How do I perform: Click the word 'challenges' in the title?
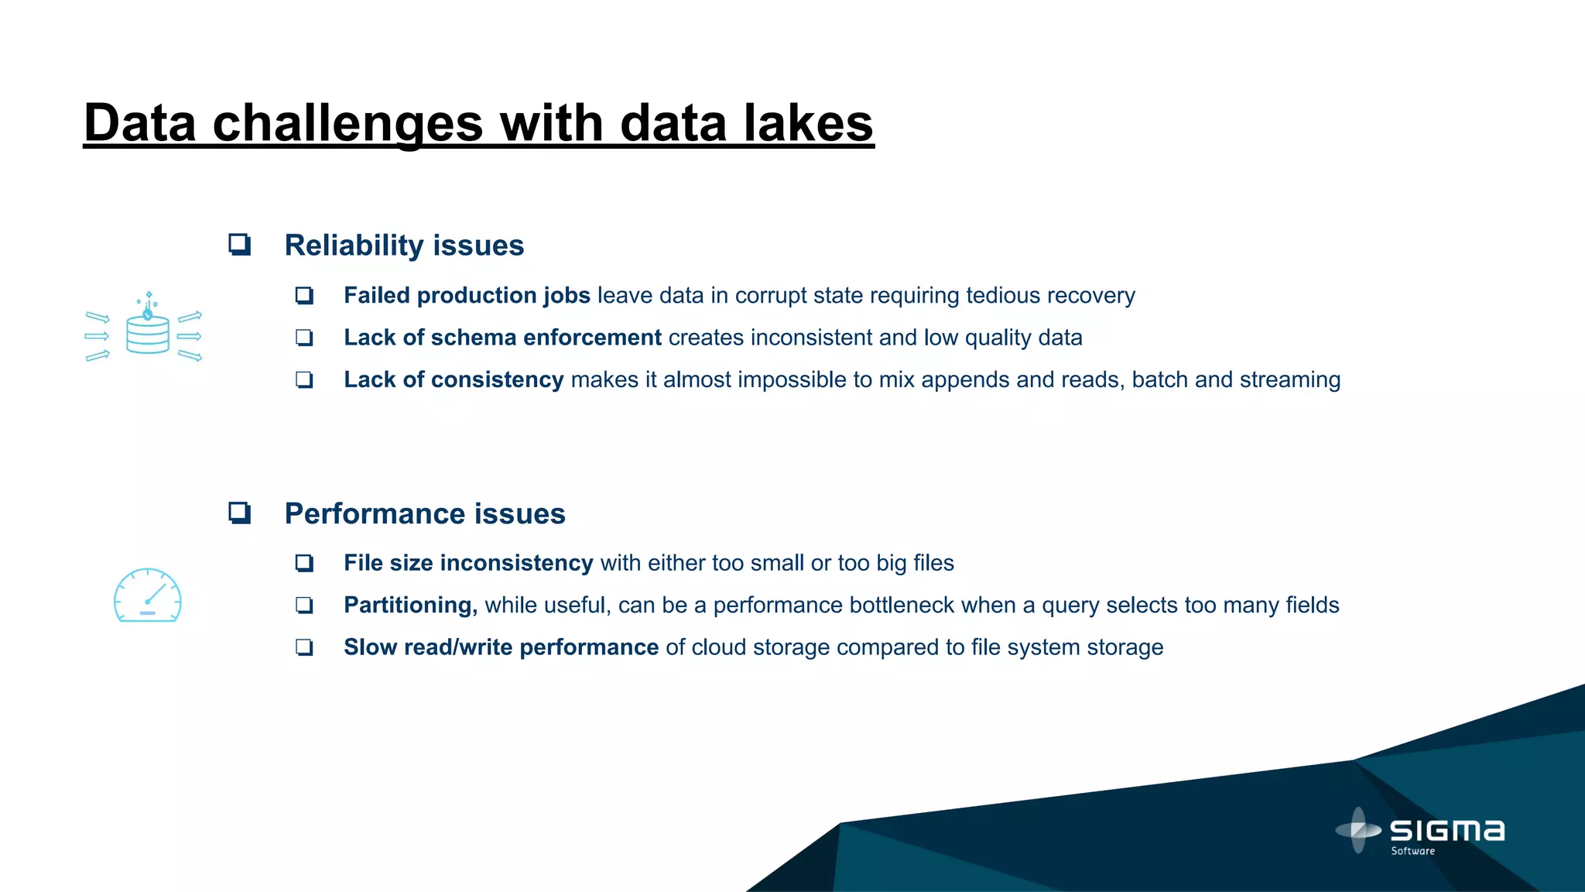pyautogui.click(x=347, y=124)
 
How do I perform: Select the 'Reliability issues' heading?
pyautogui.click(x=404, y=245)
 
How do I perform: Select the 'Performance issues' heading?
pyautogui.click(x=425, y=514)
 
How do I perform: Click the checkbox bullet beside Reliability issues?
pyautogui.click(x=239, y=245)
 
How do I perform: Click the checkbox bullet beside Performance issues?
pyautogui.click(x=239, y=513)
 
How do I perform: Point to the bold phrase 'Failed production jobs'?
pyautogui.click(x=467, y=296)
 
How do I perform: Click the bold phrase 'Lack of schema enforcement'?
pyautogui.click(x=502, y=338)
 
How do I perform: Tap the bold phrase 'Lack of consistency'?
pyautogui.click(x=454, y=380)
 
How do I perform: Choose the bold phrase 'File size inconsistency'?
pyautogui.click(x=468, y=563)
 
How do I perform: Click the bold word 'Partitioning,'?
pyautogui.click(x=410, y=606)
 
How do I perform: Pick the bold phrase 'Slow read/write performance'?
pyautogui.click(x=501, y=647)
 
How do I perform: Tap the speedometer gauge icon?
pyautogui.click(x=147, y=595)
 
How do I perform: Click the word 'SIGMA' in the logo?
pyautogui.click(x=1447, y=832)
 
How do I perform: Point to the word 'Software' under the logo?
pyautogui.click(x=1412, y=851)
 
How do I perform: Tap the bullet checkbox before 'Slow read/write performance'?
pyautogui.click(x=304, y=647)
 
